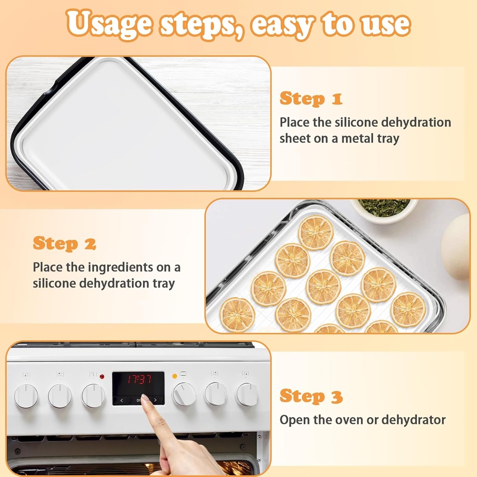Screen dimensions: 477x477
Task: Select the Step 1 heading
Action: (311, 99)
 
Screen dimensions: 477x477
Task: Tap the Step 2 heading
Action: (64, 243)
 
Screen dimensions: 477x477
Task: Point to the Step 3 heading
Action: (311, 396)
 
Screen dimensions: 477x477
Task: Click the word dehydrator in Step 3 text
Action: (413, 420)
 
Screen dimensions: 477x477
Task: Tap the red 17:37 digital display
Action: (138, 379)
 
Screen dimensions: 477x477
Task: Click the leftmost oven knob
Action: (26, 395)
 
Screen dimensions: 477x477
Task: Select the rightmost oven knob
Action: (247, 395)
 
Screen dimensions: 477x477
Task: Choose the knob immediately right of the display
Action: (184, 394)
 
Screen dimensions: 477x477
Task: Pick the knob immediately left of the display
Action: (94, 395)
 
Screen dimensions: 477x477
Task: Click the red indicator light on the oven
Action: (102, 376)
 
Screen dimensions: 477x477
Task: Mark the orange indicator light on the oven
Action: (175, 375)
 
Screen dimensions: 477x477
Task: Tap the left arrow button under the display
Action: (122, 400)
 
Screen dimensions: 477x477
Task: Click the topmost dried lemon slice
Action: (316, 232)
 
